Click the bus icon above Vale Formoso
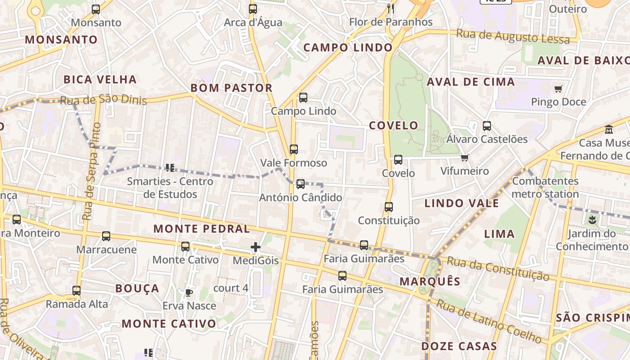294,149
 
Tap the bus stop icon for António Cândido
301,184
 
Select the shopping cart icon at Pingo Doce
558,89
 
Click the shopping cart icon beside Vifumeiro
464,157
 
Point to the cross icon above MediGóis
256,247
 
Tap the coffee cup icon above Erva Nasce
189,292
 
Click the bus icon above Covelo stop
398,159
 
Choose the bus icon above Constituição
389,207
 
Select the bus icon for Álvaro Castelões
487,126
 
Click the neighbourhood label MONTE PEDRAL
202,229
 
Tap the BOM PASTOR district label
232,88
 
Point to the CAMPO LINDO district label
348,47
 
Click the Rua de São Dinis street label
103,100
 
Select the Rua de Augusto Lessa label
513,36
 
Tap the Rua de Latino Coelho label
489,321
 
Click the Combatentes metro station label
545,188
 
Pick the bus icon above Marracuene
106,236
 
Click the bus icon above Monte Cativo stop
185,246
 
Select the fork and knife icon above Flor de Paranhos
391,9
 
